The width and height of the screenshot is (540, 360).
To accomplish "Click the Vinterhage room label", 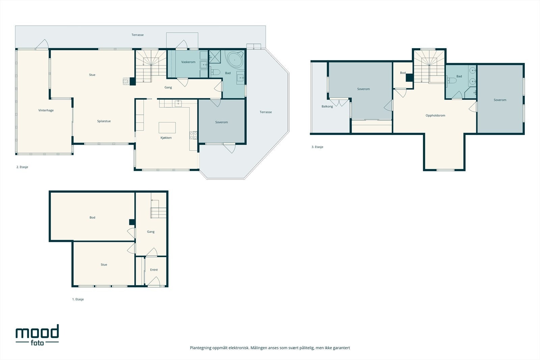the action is point(46,110).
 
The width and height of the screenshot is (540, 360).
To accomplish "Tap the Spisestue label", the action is point(104,121).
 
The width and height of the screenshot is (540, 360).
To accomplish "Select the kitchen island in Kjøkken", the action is point(167,128).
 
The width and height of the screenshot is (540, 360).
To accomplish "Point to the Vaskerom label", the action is point(188,62).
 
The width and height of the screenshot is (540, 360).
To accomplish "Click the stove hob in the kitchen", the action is point(193,135).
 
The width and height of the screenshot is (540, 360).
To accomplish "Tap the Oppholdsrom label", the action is point(435,115).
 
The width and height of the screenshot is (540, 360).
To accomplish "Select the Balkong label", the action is point(327,107).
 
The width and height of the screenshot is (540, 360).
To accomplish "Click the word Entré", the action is point(154,270).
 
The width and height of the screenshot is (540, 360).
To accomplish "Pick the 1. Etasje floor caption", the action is point(78,299).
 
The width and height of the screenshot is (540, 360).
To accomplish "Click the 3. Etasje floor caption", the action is point(317,147).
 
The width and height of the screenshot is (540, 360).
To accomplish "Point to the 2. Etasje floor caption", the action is point(22,167).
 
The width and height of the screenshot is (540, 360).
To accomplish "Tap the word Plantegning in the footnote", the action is point(200,348).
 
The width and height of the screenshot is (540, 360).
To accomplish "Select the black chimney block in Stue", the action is point(133,81).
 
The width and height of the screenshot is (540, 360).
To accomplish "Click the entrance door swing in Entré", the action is point(154,281).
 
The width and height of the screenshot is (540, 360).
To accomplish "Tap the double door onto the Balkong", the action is point(339,103).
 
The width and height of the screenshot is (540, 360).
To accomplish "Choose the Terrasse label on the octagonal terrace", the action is point(266,112).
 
